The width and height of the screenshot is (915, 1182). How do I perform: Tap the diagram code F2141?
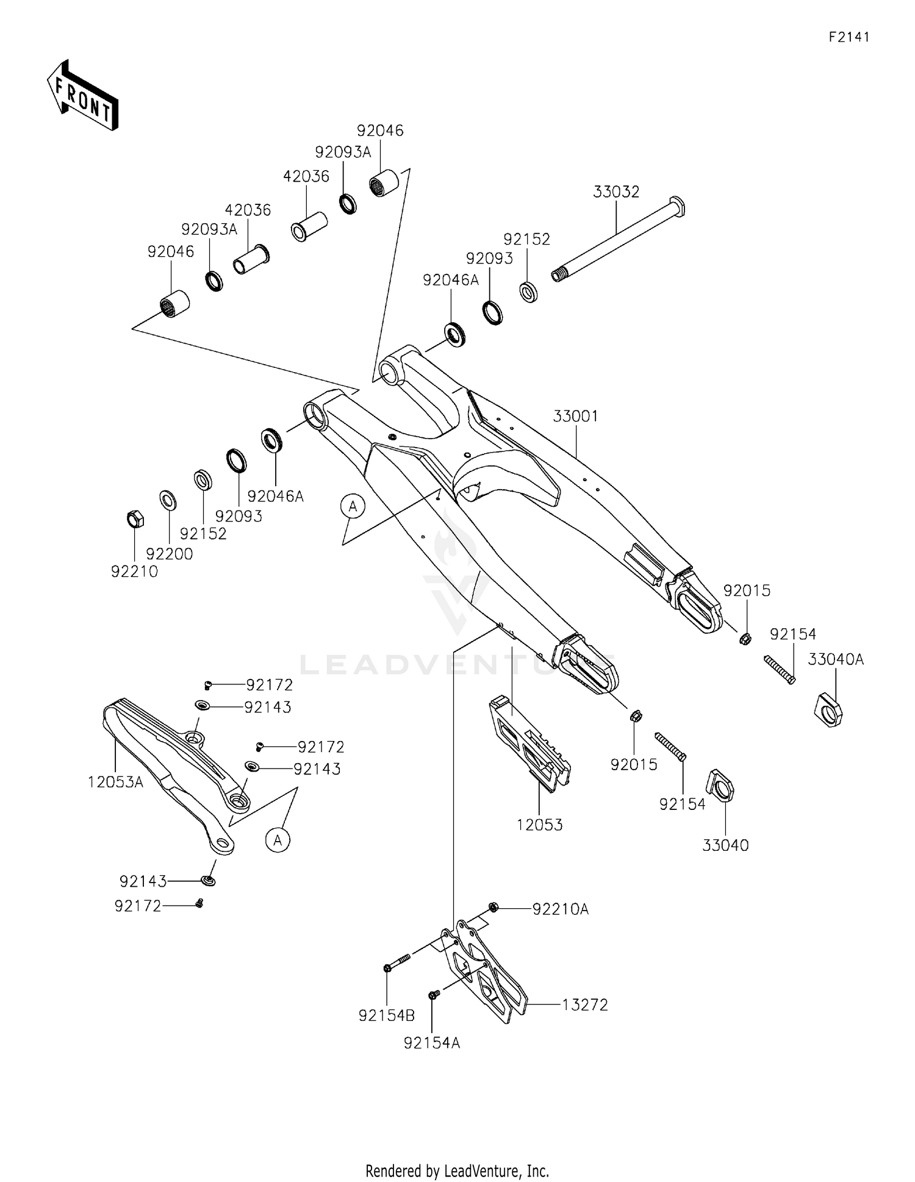tap(849, 37)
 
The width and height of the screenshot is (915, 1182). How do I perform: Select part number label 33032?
tap(616, 192)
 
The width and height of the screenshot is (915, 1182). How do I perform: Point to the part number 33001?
tap(575, 416)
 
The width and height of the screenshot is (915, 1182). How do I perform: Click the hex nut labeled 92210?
tap(135, 519)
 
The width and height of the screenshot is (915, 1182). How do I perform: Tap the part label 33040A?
tap(836, 659)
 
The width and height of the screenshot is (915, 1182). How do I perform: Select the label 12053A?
tap(115, 782)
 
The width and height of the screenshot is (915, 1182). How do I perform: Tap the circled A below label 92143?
tap(278, 840)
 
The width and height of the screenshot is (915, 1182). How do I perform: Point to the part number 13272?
tap(585, 1005)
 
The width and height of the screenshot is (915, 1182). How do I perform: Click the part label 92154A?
tap(431, 1043)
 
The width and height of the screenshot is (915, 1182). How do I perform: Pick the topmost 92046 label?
tap(380, 131)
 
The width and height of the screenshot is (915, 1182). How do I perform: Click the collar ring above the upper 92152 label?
tap(528, 292)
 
